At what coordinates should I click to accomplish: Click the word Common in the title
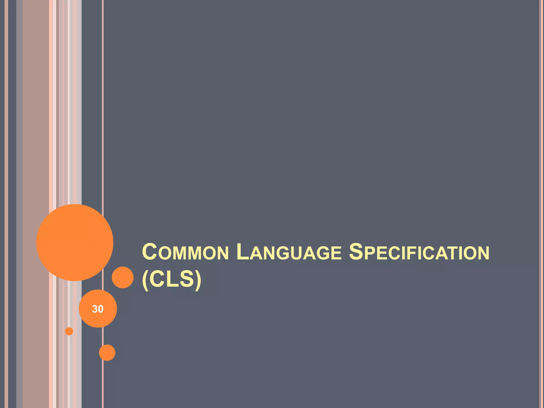pos(185,252)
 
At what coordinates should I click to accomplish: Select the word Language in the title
pos(289,252)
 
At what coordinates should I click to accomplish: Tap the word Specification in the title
pos(419,252)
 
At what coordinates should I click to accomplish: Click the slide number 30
pos(98,309)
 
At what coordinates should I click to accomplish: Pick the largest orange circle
pos(75,242)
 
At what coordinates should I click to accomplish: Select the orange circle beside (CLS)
pos(122,277)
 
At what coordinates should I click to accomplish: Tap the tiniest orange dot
pos(69,331)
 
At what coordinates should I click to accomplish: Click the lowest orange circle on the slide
pos(107,352)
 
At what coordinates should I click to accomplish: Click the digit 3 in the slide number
pos(95,309)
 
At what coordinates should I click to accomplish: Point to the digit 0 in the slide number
pos(100,309)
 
